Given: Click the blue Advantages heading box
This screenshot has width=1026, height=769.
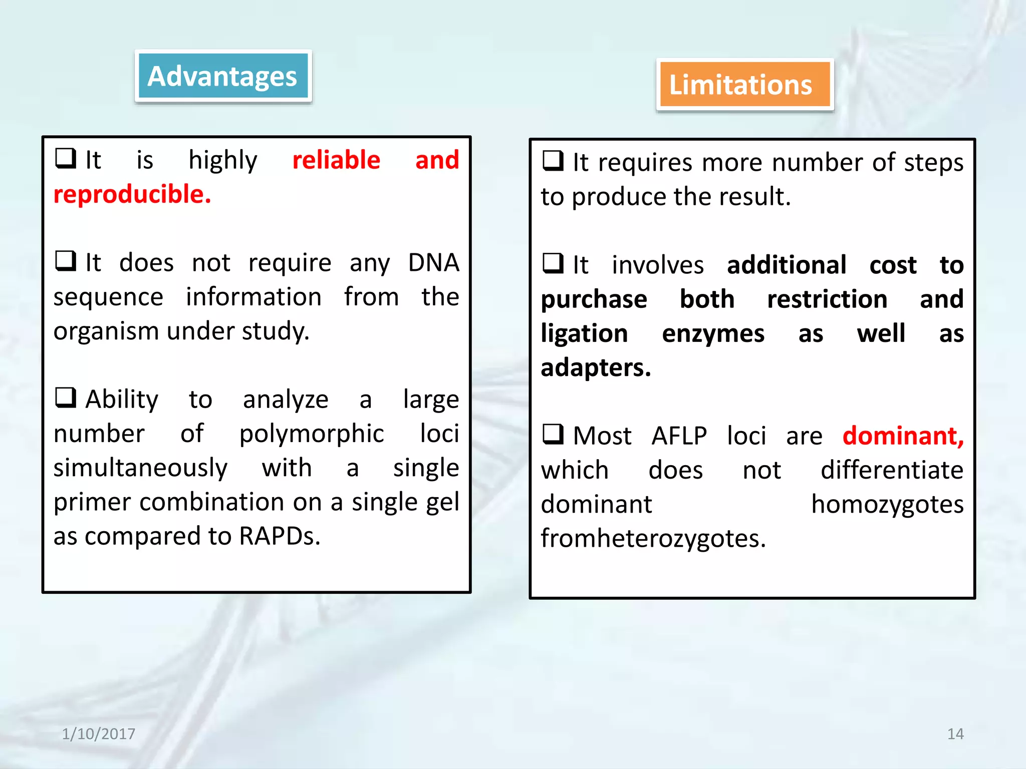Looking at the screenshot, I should pos(223,76).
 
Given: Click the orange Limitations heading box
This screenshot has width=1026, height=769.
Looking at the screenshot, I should pos(744,84).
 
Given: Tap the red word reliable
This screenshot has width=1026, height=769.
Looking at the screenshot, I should pos(336,160).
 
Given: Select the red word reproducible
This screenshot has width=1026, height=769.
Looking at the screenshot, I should pos(132,194).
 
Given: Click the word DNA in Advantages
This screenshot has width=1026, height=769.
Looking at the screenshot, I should pos(433,262).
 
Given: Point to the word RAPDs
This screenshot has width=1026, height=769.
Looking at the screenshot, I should pos(280,536).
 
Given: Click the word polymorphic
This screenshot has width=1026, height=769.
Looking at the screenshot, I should pos(311,434).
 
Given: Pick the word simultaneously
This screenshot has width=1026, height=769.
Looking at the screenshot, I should pos(140,468).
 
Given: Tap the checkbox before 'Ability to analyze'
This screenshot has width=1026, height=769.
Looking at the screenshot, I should pos(65,398).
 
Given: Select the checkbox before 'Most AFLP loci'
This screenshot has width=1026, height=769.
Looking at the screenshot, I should pos(553,434).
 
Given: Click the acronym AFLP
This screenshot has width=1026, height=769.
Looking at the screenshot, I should pos(679,436).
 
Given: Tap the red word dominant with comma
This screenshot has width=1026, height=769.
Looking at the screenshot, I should pos(903,436).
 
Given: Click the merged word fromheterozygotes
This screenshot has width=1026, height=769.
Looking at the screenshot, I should pos(653,538).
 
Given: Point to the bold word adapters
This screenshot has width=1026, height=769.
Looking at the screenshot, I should pos(596,367).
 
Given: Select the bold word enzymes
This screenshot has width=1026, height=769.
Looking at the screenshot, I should pos(713,333).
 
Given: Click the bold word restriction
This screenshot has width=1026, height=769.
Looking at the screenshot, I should pos(827,299).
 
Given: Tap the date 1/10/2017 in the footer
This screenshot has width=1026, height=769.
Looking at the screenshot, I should pos(98,734).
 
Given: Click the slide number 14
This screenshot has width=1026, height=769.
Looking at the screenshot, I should pos(955,734).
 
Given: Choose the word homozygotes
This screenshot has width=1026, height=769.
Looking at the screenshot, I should pos(887,504).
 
